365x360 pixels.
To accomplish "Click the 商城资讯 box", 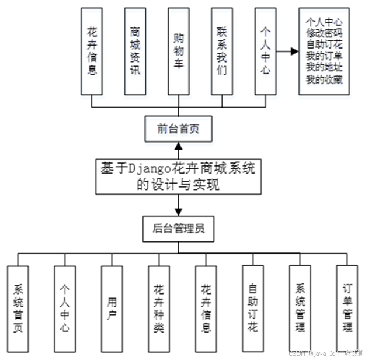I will point(135,51).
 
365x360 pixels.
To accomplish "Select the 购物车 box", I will point(179,51).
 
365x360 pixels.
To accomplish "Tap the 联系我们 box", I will point(223,51).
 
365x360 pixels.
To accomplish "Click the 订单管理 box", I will point(347,308).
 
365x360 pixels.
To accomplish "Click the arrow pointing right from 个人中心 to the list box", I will point(286,51).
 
